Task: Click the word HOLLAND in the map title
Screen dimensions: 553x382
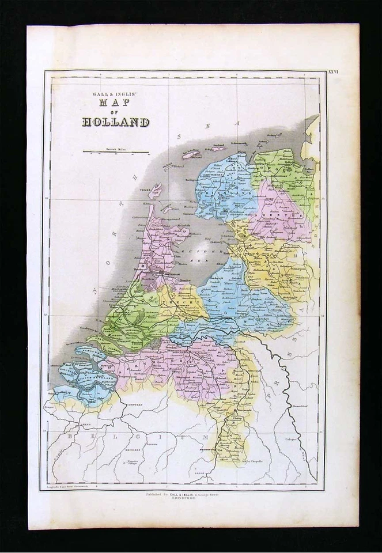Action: pos(115,122)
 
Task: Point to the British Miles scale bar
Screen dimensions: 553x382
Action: pos(116,152)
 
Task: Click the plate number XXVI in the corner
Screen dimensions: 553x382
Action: pos(334,73)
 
